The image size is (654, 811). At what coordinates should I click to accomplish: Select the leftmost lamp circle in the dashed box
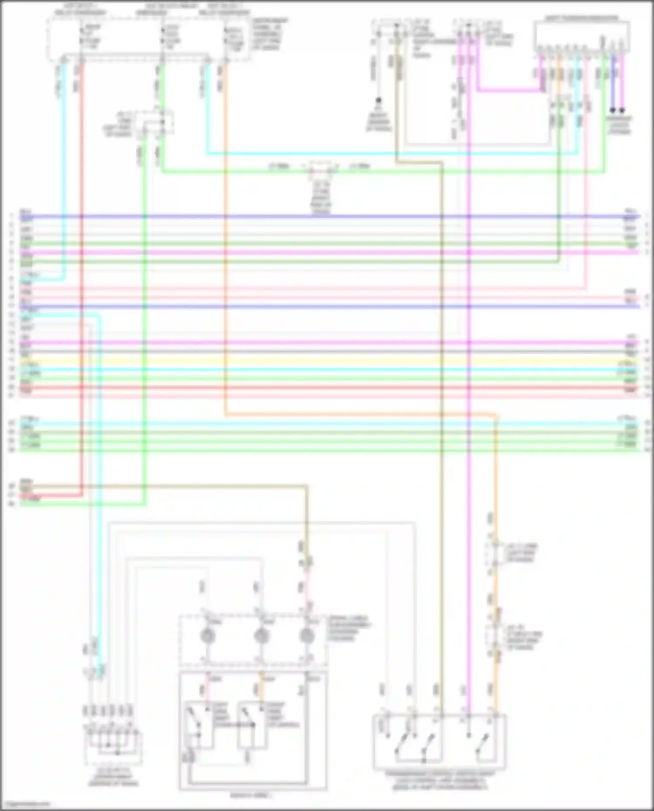tap(208, 637)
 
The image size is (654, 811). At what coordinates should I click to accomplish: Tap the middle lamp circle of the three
tap(261, 637)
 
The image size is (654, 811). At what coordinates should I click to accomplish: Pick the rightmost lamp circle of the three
tap(307, 637)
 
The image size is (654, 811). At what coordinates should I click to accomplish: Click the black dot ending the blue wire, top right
tap(613, 111)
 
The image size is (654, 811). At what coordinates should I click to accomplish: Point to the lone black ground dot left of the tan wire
tap(378, 100)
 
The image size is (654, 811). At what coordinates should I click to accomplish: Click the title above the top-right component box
tap(582, 18)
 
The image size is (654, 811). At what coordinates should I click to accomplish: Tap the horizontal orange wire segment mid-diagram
tap(358, 414)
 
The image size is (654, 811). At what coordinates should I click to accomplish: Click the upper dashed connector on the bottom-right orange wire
tap(494, 553)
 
